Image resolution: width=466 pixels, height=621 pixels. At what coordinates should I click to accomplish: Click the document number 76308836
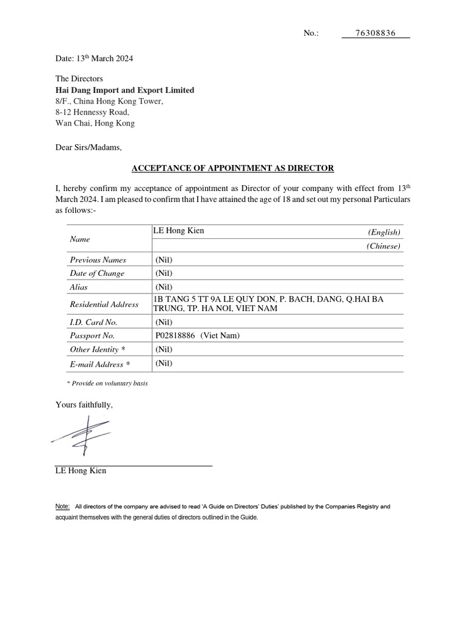point(375,33)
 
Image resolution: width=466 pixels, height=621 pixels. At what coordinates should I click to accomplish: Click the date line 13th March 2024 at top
point(94,59)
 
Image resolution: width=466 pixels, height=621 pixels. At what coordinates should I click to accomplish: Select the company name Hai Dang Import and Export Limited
point(125,90)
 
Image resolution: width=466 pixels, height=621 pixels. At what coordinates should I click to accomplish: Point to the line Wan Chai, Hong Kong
point(95,123)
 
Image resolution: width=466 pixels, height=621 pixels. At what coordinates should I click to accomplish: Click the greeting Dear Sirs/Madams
point(89,147)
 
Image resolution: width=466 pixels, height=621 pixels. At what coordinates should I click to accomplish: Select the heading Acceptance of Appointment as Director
point(234,167)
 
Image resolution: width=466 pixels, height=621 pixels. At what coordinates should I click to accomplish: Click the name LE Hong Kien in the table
point(180,231)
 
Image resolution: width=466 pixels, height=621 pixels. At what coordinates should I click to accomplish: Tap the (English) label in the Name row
point(383,232)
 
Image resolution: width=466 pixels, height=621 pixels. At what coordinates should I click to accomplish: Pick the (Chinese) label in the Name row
point(383,246)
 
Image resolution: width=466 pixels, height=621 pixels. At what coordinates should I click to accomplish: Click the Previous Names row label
point(98,260)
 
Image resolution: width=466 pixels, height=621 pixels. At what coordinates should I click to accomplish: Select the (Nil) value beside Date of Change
point(164,273)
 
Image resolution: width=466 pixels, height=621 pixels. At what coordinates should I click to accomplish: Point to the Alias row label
point(79,287)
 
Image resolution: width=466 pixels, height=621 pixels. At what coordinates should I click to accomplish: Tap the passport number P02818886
point(175,335)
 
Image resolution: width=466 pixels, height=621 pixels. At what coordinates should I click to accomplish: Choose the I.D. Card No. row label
point(93,321)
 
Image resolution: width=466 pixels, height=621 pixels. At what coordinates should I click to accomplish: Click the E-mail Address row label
point(100,364)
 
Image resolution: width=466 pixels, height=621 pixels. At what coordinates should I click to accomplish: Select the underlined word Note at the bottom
point(62,506)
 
